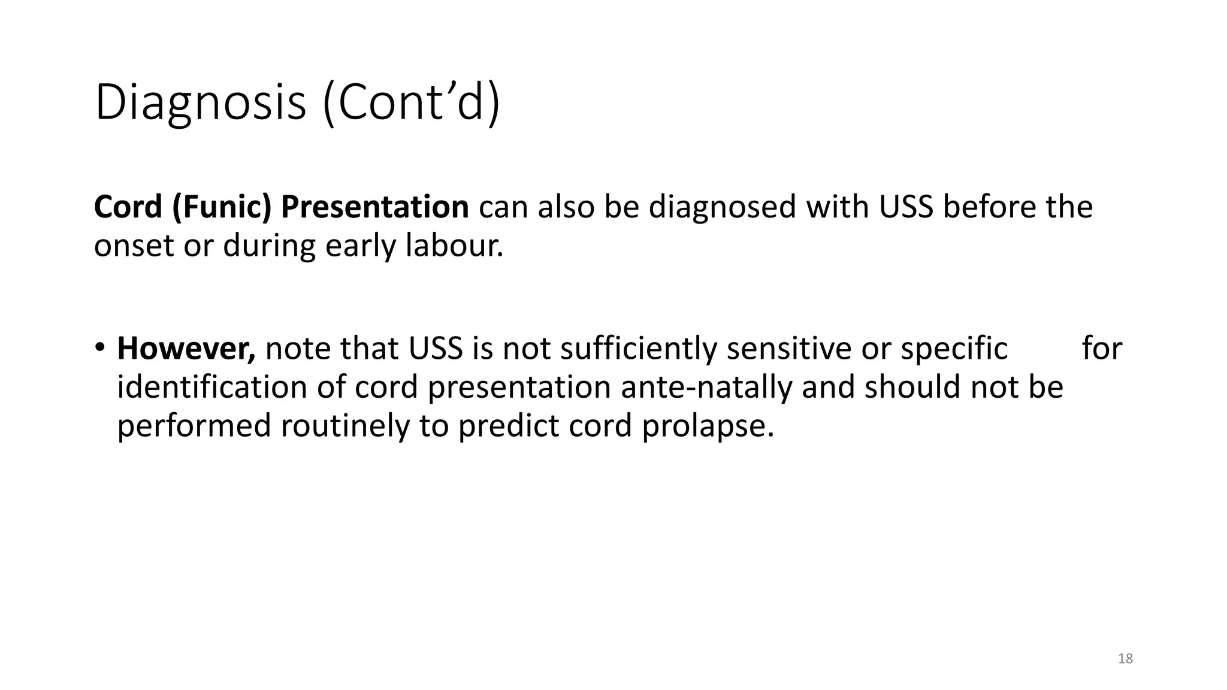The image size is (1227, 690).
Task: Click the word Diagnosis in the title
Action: [x=200, y=104]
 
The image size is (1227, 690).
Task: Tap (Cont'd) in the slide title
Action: [x=411, y=104]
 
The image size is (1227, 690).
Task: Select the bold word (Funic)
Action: [x=222, y=207]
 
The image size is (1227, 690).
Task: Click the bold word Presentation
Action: [x=374, y=207]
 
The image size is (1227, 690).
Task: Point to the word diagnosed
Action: [x=722, y=207]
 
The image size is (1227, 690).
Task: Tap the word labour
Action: [x=454, y=246]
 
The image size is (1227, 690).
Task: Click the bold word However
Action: [x=186, y=349]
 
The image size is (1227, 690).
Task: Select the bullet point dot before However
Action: [x=100, y=347]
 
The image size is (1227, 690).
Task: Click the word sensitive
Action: [x=789, y=349]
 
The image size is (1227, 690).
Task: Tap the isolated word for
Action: [x=1102, y=349]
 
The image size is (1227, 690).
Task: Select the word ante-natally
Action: [x=706, y=387]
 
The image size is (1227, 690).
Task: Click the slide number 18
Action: [x=1125, y=659]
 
